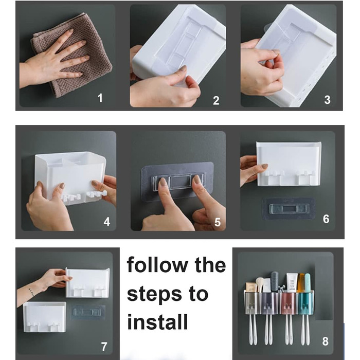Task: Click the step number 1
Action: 100,98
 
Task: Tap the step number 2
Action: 216,101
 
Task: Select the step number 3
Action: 328,100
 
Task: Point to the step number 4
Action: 107,222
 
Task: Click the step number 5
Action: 218,222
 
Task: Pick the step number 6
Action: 326,219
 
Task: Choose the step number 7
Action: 104,347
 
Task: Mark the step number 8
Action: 325,341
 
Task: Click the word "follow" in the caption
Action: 157,265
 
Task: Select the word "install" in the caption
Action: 157,321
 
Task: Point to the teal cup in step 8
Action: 306,303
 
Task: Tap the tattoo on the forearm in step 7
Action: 31,292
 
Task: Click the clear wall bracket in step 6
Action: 289,208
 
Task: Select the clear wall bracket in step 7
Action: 88,312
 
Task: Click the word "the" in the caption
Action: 210,265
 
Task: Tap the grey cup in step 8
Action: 253,302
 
